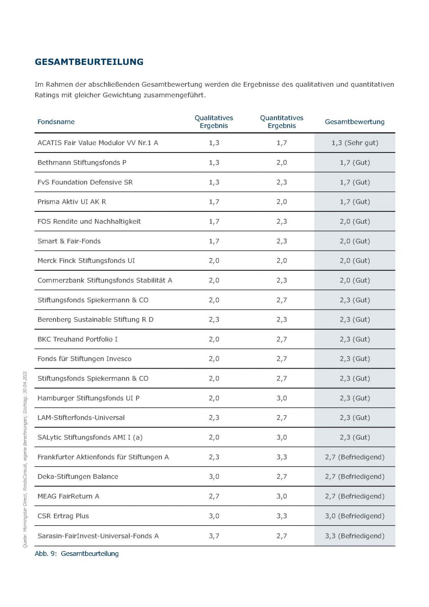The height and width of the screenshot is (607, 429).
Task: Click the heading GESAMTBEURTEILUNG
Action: point(89,62)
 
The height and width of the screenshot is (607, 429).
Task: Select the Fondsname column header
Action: point(56,122)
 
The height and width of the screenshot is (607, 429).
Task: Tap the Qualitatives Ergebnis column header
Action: point(214,122)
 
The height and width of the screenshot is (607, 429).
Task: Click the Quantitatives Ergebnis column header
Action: point(282,122)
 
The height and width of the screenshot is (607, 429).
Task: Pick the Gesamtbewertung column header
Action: point(355,122)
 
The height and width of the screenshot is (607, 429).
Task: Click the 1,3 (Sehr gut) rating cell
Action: point(355,143)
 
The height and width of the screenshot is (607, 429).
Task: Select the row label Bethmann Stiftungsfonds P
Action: point(82,163)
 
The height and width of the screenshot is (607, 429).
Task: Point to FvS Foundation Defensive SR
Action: point(85,182)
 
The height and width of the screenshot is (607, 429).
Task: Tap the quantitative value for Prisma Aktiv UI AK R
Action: point(282,202)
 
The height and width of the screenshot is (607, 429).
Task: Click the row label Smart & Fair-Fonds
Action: point(69,241)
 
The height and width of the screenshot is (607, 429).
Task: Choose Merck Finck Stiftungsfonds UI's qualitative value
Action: point(214,261)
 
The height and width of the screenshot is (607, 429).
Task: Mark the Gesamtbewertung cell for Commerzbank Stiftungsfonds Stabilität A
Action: point(355,280)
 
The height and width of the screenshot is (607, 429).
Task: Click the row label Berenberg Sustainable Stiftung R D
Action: point(95,320)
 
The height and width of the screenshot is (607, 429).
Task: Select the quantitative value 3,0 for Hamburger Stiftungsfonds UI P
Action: point(282,398)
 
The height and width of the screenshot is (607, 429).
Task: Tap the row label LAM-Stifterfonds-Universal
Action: point(81,418)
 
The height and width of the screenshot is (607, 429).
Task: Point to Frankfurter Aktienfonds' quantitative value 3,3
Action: point(282,457)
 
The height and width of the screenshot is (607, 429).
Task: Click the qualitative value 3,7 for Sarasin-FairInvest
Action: point(214,536)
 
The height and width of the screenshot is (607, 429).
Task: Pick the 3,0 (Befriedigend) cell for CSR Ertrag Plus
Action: point(355,516)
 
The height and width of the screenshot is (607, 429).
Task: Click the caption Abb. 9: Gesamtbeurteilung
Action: point(77,554)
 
